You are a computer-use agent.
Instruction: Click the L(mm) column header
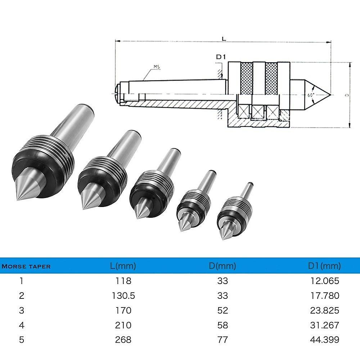(123, 266)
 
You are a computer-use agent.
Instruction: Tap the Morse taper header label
(26, 267)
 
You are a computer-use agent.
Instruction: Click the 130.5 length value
(123, 296)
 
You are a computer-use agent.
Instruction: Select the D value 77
(223, 339)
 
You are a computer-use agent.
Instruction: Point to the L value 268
(123, 339)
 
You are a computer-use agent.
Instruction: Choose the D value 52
(223, 310)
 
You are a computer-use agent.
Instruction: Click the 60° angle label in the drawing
(311, 95)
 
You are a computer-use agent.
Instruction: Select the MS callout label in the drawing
(157, 67)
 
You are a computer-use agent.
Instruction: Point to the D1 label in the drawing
(220, 57)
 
